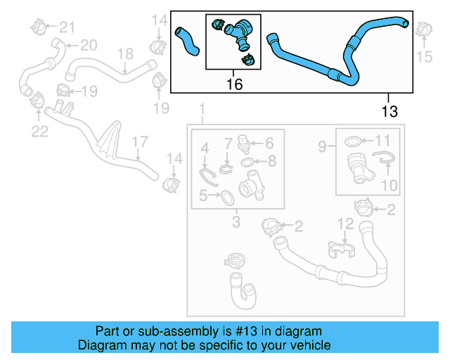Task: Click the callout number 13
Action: point(389,110)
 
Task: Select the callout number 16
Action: point(234,85)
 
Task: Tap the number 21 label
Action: point(66,27)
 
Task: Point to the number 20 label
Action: point(88,45)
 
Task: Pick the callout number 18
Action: point(124,53)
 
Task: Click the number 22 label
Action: point(39,131)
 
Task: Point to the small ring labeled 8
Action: point(248,163)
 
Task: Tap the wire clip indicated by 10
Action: point(382,162)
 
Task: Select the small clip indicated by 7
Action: point(226,168)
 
